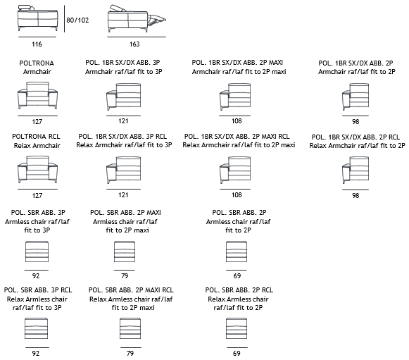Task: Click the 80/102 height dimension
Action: pos(77,20)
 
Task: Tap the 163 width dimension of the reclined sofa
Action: pos(134,44)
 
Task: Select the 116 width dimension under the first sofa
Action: pos(37,44)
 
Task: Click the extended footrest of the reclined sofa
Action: pos(156,20)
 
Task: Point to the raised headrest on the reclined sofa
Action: pos(118,8)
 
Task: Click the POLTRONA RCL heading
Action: pos(36,136)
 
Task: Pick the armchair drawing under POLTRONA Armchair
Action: pos(37,96)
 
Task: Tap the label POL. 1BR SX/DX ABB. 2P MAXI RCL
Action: pos(237,136)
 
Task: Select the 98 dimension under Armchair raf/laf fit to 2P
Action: pos(355,122)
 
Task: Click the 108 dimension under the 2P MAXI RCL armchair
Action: pos(237,194)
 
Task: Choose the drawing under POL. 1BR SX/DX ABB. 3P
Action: pos(124,97)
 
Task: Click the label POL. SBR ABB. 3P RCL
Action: pos(38,290)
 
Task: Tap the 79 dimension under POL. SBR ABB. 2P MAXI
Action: pos(125,275)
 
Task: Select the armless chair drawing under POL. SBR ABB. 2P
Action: pos(237,252)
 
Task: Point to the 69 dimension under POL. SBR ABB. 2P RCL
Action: pos(237,353)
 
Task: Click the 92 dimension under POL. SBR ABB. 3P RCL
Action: pos(36,353)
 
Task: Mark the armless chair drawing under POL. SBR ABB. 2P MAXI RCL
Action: pos(130,328)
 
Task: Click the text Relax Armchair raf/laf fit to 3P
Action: pos(124,145)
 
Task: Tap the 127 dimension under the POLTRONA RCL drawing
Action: pos(37,196)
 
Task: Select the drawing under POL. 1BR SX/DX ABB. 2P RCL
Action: pos(355,170)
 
